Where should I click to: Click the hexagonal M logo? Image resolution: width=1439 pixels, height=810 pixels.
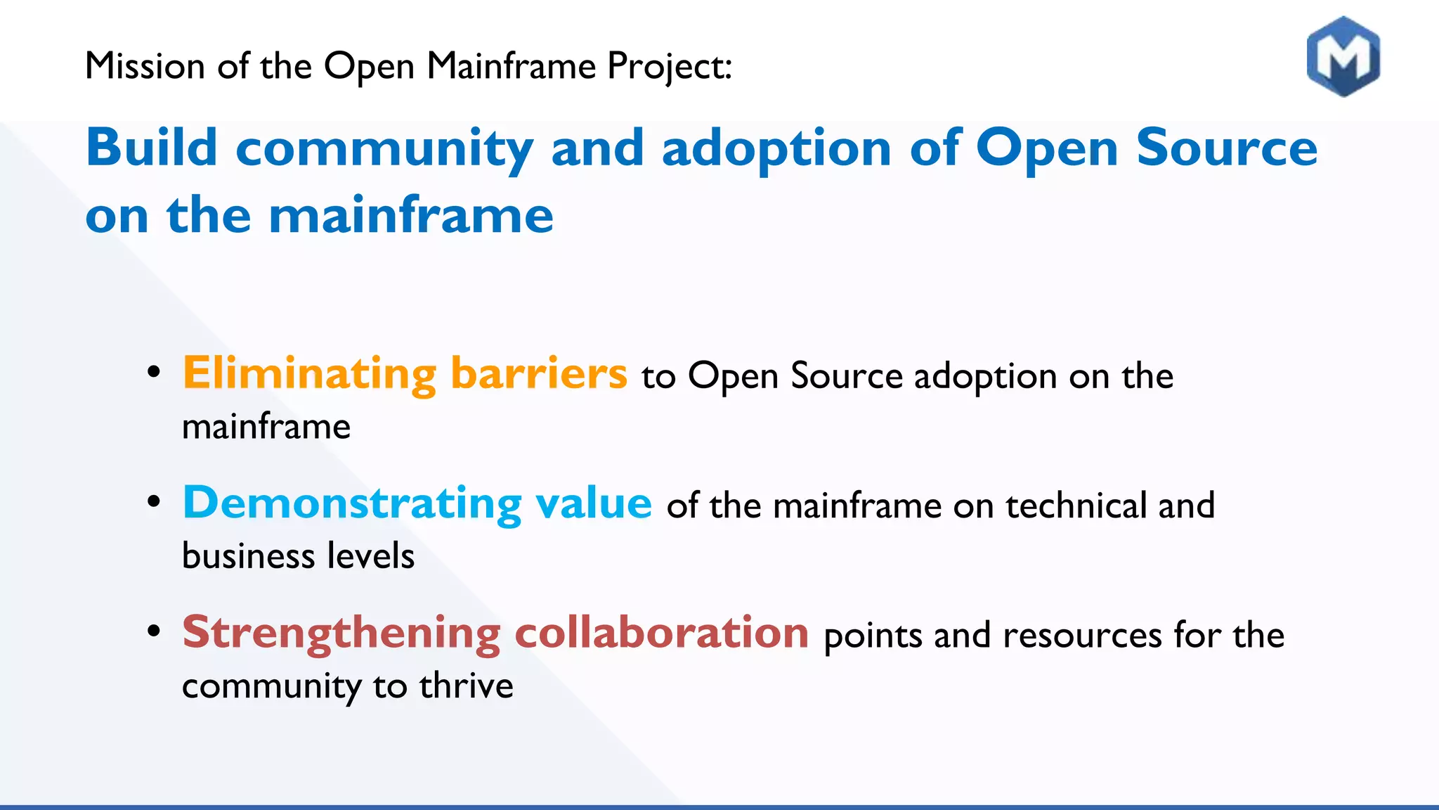(1343, 56)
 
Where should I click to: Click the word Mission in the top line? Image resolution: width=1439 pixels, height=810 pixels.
(145, 66)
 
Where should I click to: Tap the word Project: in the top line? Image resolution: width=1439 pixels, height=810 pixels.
(669, 67)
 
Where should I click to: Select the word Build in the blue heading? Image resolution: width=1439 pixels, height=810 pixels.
(151, 148)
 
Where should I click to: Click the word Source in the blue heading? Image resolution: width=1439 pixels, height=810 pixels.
(1226, 148)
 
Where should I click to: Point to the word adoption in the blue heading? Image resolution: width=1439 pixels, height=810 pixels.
(776, 149)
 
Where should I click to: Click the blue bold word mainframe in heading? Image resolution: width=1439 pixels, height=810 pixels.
(411, 215)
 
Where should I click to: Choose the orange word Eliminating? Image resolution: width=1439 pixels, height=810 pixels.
(309, 373)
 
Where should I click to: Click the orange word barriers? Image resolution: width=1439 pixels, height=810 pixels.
(538, 373)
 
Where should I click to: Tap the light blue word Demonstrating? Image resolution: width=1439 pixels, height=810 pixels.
(352, 503)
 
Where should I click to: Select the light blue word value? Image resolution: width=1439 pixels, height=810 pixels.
(593, 503)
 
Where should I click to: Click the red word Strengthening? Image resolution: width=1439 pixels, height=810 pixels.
(341, 633)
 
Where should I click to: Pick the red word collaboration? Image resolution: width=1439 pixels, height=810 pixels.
(661, 632)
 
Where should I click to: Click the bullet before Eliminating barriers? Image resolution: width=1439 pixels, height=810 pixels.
(154, 372)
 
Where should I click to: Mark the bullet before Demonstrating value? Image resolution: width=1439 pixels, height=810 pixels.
(154, 501)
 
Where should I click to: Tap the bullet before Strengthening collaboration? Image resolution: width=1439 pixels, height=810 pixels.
(154, 631)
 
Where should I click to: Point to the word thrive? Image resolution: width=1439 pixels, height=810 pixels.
(466, 686)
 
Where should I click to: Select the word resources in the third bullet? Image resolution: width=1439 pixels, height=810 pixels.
(1082, 636)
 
